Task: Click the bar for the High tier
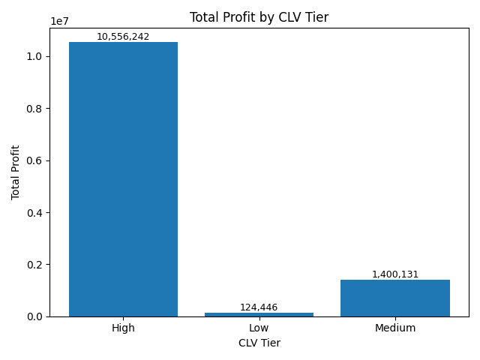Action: point(123,179)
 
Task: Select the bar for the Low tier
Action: point(259,314)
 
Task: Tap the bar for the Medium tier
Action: point(394,298)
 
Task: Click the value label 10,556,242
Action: point(123,37)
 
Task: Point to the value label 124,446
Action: point(259,307)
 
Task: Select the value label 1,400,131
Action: point(394,274)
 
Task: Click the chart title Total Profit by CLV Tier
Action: point(259,17)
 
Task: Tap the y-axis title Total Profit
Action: point(16,172)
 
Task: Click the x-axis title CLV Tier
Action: point(259,343)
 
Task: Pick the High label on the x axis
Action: point(123,328)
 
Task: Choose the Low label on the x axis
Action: point(259,328)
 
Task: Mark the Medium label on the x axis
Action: point(394,328)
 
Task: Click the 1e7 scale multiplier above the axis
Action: point(59,21)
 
